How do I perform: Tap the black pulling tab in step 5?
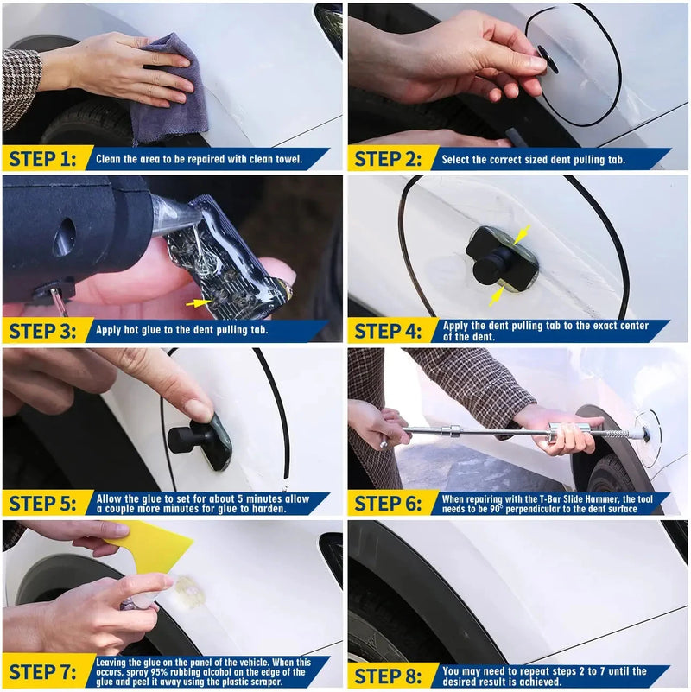[x=200, y=437]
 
